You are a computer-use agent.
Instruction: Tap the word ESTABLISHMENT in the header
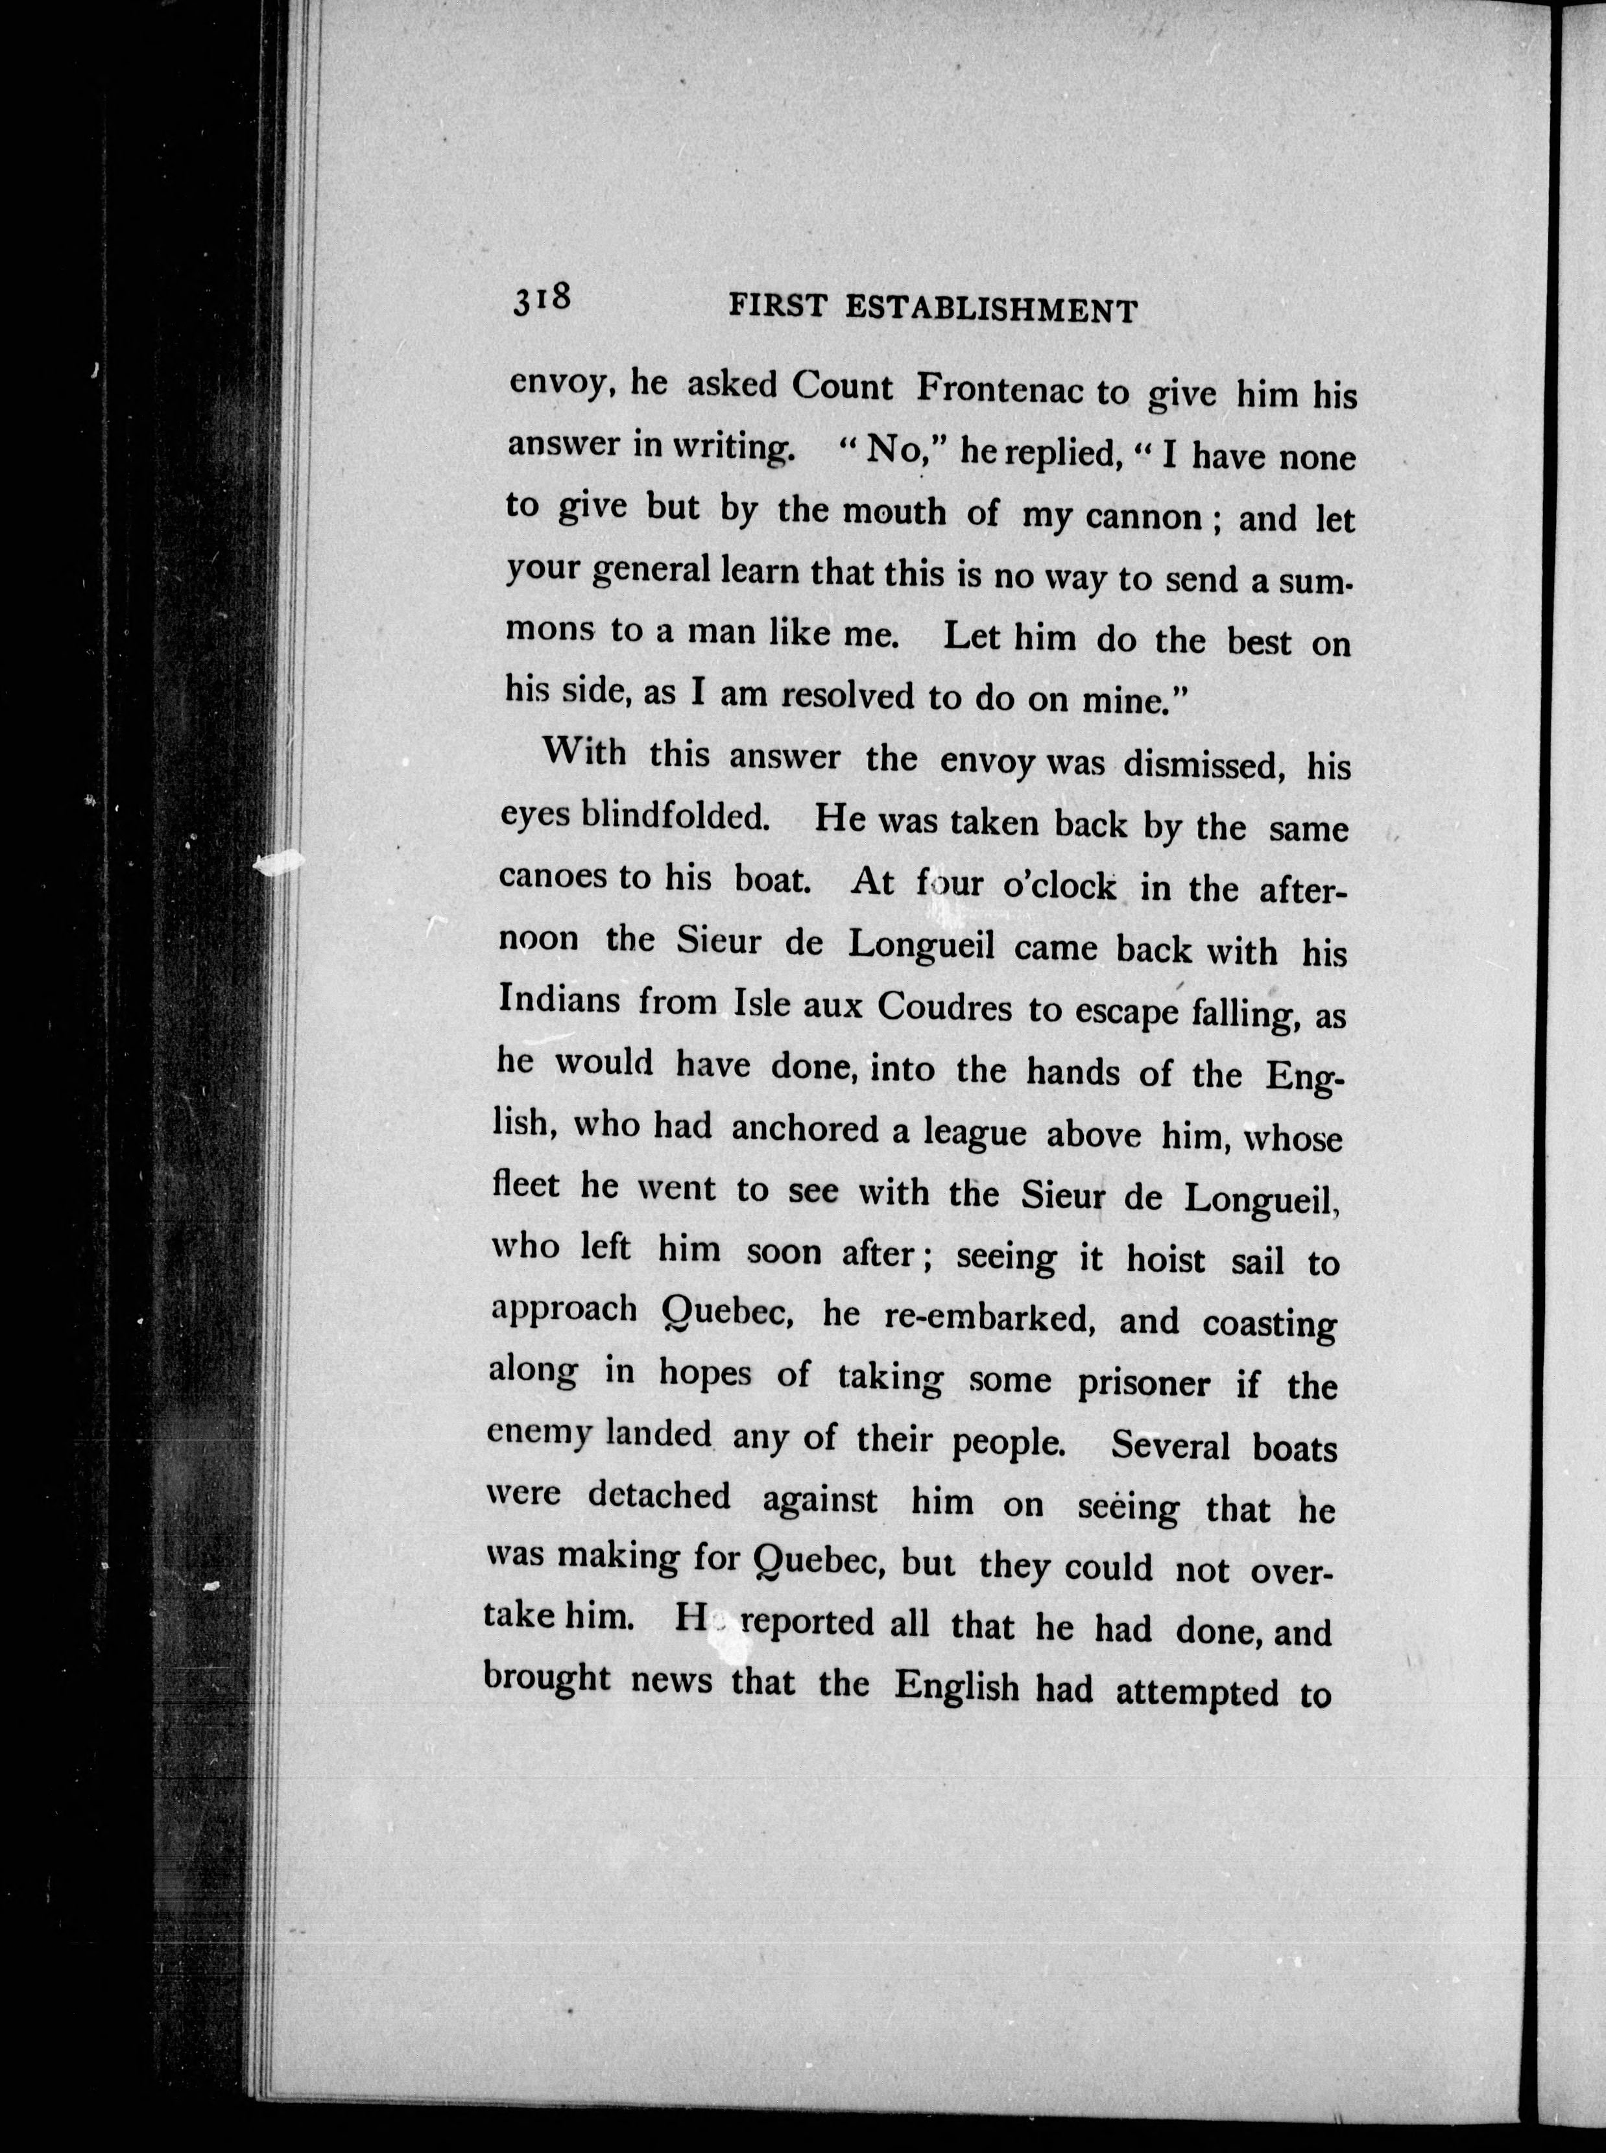(x=990, y=309)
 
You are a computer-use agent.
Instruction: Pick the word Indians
(x=559, y=1000)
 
